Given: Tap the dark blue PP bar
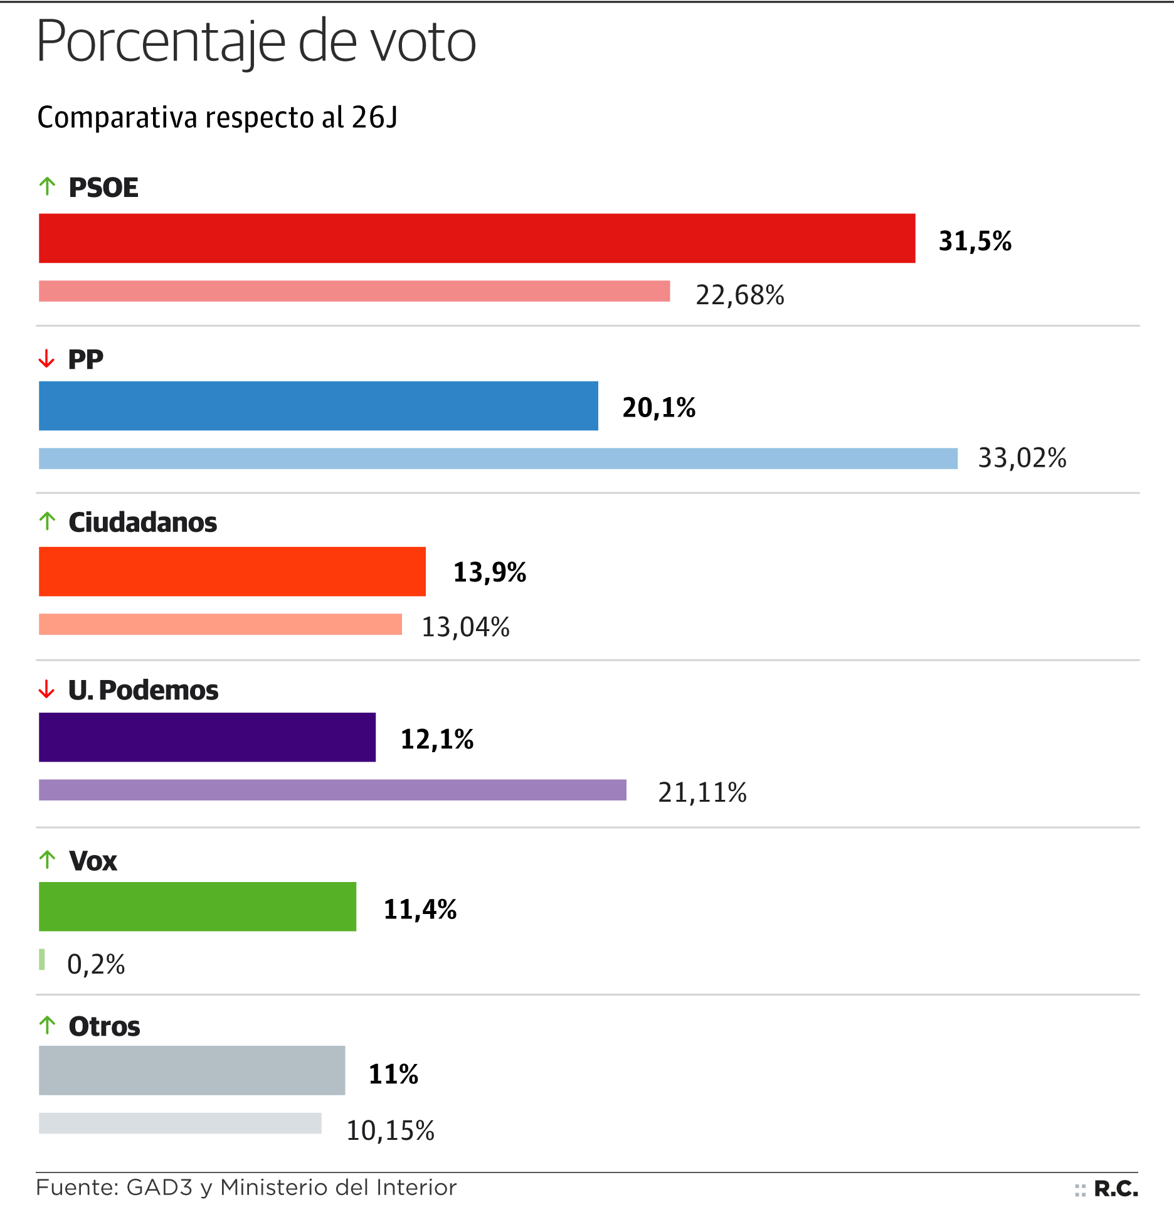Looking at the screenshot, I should pos(318,406).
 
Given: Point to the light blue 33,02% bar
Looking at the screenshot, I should pos(498,459).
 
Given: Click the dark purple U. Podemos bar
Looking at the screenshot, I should pos(207,737).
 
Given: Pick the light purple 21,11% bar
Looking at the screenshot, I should pos(332,790).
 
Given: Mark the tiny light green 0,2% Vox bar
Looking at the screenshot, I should pos(42,959).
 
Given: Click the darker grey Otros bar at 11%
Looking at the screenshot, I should pos(192,1070).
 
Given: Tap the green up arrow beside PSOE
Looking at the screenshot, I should pos(47,186).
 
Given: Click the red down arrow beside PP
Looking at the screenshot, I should pos(46,359).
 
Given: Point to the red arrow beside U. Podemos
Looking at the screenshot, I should pos(46,689).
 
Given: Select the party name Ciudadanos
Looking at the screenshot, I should pos(143,522).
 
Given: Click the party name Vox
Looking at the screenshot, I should pos(93,861).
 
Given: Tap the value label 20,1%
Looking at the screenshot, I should pos(658,408).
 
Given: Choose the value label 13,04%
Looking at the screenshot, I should pos(465,627).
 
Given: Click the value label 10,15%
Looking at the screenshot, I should pos(390,1130).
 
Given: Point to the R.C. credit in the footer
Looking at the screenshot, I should pos(1115,1189).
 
